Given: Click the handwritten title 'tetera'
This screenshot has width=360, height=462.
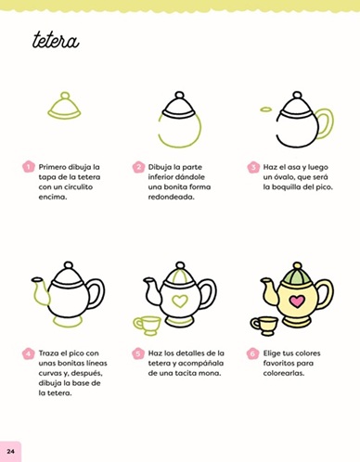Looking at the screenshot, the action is point(56,41).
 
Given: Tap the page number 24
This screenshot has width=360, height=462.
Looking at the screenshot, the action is point(10,451).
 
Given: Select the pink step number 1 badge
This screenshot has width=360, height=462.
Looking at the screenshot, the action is point(28,167).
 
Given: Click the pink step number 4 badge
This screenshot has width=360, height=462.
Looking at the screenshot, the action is point(28,353).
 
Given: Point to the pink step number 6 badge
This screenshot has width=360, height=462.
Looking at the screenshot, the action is point(252,353).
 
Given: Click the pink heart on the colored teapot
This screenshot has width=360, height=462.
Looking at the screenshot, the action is point(296,302).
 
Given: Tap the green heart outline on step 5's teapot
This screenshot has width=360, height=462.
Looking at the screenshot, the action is point(180,302).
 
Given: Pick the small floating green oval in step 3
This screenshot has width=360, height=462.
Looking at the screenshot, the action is point(265,109).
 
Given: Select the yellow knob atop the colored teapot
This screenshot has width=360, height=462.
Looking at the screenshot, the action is point(297,265).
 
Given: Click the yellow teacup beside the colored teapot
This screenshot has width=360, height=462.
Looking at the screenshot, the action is point(264,326).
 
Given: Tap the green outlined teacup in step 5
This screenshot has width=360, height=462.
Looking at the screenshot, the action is point(148,326).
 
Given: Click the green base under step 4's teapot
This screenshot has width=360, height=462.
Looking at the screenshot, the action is point(68,322).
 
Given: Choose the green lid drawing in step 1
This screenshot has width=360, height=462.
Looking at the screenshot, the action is point(64,107).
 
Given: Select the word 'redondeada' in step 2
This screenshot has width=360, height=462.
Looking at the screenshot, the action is point(171,197).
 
